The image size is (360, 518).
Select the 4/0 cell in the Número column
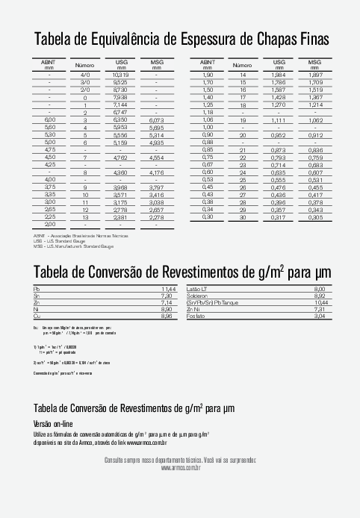[x=85, y=75]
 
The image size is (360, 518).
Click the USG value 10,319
[x=121, y=75]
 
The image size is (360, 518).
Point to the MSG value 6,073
[x=157, y=119]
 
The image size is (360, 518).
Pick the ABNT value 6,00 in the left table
[x=50, y=119]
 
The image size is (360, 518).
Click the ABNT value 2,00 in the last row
[x=50, y=224]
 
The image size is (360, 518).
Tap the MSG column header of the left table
[x=157, y=63]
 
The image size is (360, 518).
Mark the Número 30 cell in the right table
[x=243, y=216]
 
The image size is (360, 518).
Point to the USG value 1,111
[x=279, y=119]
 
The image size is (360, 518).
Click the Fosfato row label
[x=196, y=316]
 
